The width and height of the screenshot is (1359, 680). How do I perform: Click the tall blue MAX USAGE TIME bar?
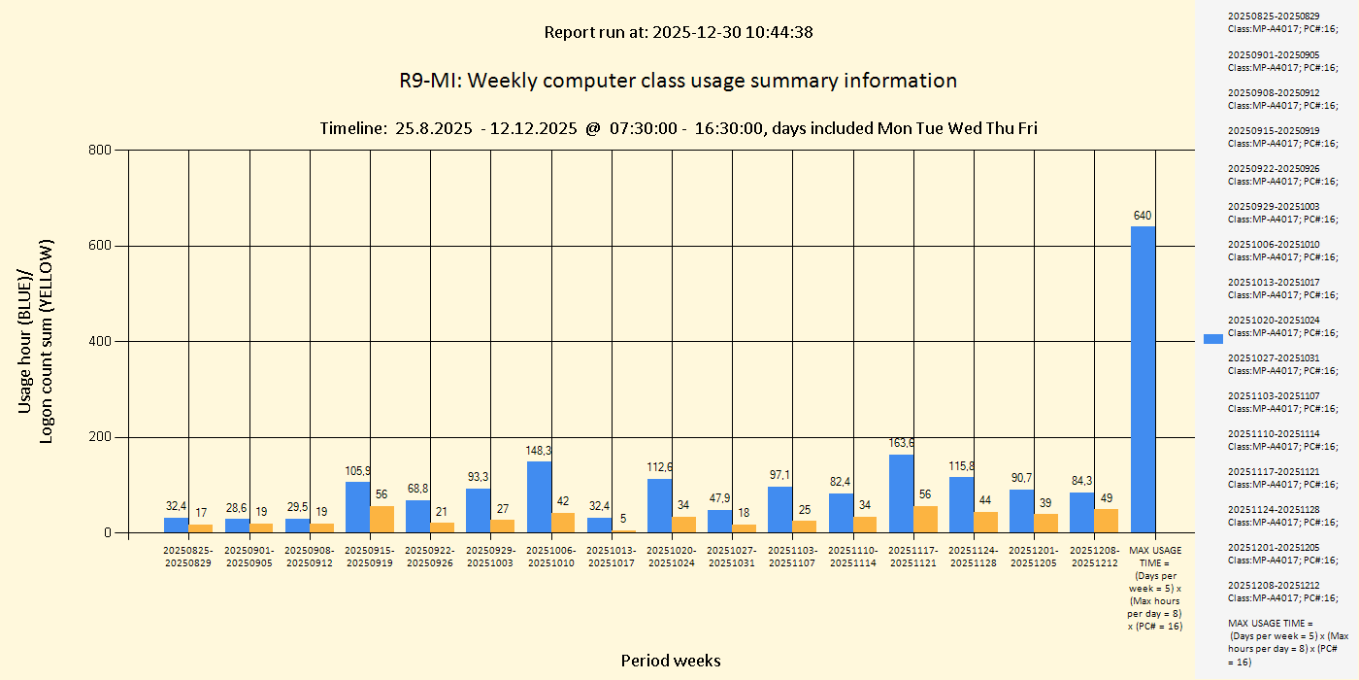tap(1143, 379)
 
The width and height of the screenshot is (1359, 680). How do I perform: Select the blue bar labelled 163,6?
tap(901, 493)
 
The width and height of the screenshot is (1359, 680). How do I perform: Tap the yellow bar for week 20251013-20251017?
tap(624, 531)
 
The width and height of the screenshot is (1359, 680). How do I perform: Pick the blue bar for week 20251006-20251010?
tap(539, 497)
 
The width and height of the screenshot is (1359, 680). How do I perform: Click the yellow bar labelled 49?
tap(1106, 521)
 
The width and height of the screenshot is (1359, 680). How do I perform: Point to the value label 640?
tap(1143, 216)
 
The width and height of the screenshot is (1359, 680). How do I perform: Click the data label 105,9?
tap(357, 471)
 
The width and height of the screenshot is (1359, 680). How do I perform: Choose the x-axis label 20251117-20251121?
tap(912, 557)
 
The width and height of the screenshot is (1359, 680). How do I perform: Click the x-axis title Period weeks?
tap(671, 661)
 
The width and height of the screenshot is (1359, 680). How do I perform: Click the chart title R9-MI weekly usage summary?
tap(678, 81)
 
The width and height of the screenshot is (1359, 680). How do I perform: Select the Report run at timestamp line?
tap(678, 32)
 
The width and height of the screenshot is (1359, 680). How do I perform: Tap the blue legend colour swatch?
tap(1213, 339)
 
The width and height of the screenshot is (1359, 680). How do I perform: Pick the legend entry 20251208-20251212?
tap(1281, 592)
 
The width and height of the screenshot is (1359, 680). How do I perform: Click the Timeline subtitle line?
tap(678, 128)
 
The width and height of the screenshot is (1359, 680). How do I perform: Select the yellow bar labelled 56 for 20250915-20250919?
tap(382, 519)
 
